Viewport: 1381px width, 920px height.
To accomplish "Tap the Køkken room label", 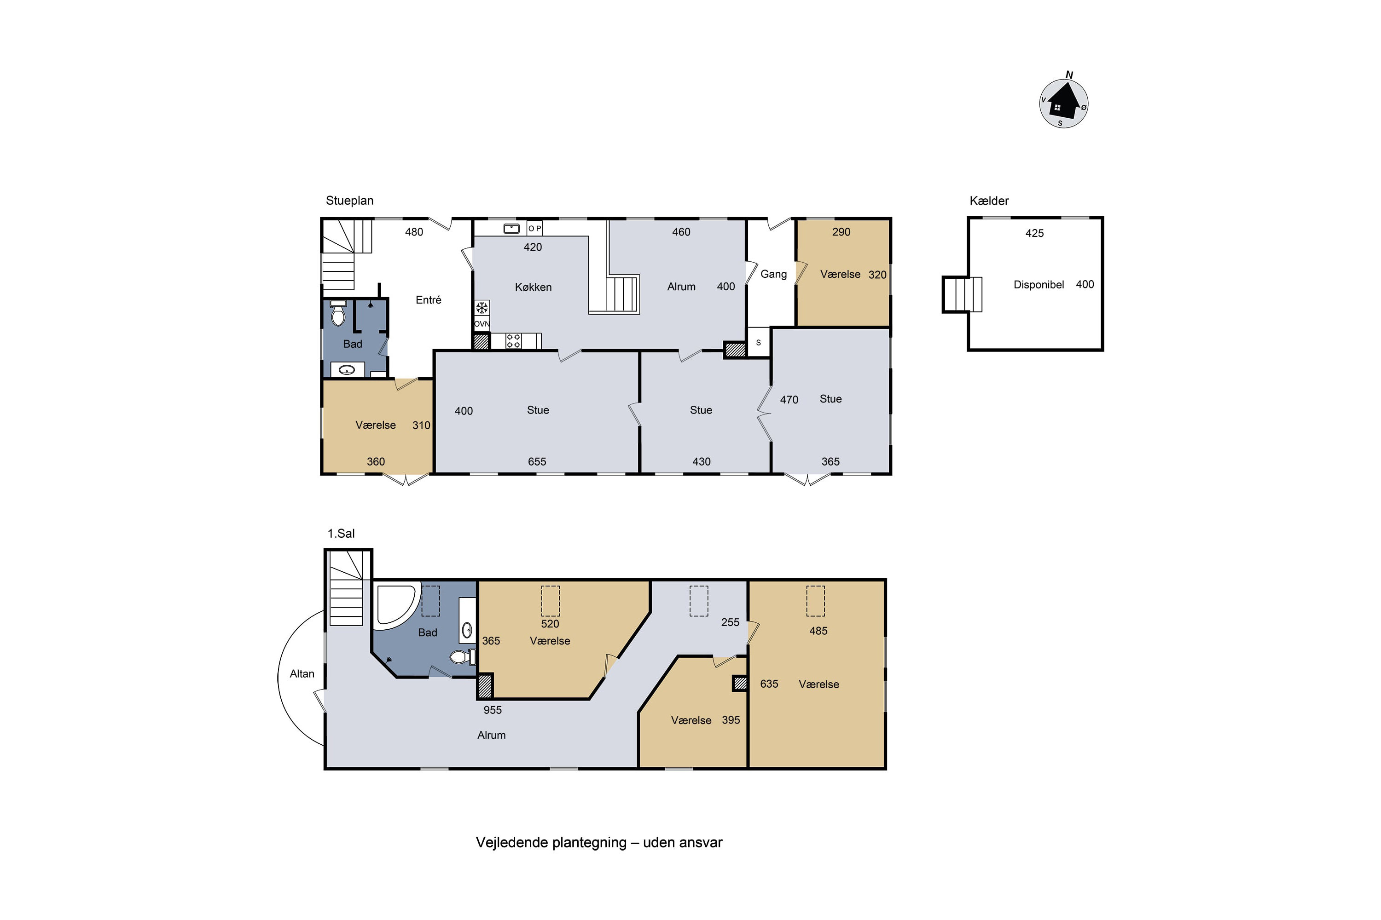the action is (x=533, y=287).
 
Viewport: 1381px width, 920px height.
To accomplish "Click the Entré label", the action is (x=428, y=300).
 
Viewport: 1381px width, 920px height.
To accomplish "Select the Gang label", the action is (x=773, y=274).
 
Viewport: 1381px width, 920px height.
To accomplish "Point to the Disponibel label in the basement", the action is (x=1038, y=285).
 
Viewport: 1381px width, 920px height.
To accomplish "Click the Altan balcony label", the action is (x=302, y=673).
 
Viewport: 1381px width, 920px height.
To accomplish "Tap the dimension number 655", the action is (x=537, y=462).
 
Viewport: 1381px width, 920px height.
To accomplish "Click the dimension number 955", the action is (x=492, y=710).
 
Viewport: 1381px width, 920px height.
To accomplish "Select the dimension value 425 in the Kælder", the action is (x=1034, y=233).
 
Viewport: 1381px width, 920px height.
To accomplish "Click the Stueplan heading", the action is (x=349, y=200).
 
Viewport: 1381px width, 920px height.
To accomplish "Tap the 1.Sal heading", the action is (x=341, y=533).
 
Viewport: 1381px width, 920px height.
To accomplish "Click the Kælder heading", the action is (x=989, y=201).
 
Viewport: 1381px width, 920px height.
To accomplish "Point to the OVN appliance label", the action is (x=482, y=324).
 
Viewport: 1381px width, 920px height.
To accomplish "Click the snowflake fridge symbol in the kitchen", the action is (x=482, y=308).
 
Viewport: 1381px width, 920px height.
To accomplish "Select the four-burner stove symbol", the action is (x=513, y=341).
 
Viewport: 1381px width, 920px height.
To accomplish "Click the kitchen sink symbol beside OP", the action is (x=511, y=228).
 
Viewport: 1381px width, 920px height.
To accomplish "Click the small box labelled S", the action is (x=758, y=342).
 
